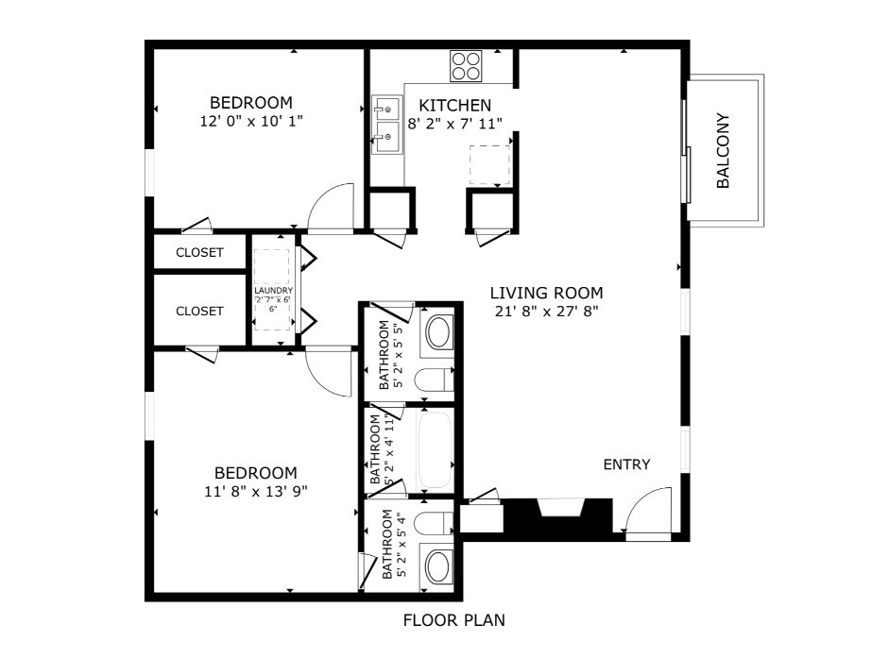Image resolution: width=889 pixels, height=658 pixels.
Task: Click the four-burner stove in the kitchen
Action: click(x=466, y=66)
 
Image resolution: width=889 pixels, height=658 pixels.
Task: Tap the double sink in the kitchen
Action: click(x=386, y=125)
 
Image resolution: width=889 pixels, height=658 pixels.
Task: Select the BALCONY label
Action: click(x=723, y=150)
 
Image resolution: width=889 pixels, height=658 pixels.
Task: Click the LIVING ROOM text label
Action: click(x=547, y=293)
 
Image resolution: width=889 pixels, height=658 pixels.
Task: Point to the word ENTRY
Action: click(x=626, y=464)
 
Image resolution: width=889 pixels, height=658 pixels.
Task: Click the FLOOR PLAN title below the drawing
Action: click(x=454, y=620)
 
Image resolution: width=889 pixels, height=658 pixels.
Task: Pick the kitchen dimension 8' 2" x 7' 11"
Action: click(x=455, y=124)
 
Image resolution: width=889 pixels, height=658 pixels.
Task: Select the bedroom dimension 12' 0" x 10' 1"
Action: click(x=251, y=121)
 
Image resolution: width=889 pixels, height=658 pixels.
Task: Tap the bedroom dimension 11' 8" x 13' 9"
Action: click(x=256, y=491)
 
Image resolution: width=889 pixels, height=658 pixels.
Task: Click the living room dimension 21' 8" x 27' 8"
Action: click(x=547, y=312)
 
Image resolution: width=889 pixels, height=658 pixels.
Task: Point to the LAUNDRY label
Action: click(x=273, y=291)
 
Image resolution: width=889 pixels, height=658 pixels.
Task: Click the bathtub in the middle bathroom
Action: click(x=436, y=450)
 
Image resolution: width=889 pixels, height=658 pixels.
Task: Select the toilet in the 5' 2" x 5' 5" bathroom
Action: click(x=435, y=380)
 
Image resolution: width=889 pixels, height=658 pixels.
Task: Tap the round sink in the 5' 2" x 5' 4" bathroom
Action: click(x=437, y=567)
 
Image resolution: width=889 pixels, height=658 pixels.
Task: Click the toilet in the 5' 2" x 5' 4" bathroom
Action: click(x=434, y=523)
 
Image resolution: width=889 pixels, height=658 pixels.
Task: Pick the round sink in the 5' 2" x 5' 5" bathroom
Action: click(x=438, y=332)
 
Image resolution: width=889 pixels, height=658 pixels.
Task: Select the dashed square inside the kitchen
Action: click(x=490, y=165)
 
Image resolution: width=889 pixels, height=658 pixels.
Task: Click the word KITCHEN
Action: click(x=455, y=106)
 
